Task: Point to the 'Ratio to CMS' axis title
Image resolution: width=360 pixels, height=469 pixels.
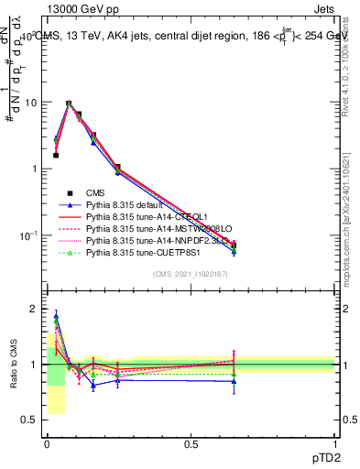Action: (x=13, y=365)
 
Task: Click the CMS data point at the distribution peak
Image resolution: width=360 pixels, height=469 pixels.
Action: (x=68, y=104)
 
